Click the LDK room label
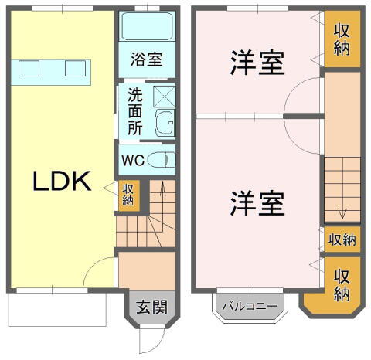(62, 182)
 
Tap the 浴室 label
(146, 59)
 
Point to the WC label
(132, 161)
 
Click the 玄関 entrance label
(151, 307)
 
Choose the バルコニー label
(250, 307)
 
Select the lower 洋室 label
(257, 203)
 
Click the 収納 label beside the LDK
(128, 194)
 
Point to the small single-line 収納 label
(341, 239)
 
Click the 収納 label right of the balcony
(341, 284)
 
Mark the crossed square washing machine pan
(165, 96)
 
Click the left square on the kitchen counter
(29, 69)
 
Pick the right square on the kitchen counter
(75, 69)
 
